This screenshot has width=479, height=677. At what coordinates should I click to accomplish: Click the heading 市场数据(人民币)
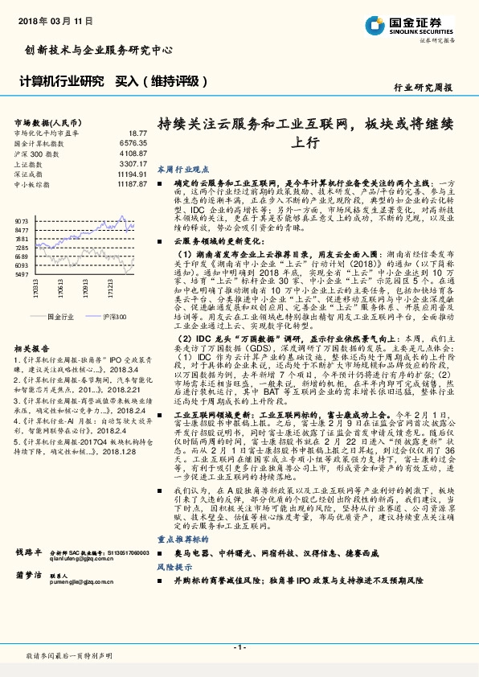pyautogui.click(x=43, y=121)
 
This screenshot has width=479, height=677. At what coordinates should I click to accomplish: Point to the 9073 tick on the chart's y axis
pyautogui.click(x=22, y=220)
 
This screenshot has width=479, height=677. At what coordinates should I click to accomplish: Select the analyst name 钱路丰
pyautogui.click(x=27, y=553)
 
